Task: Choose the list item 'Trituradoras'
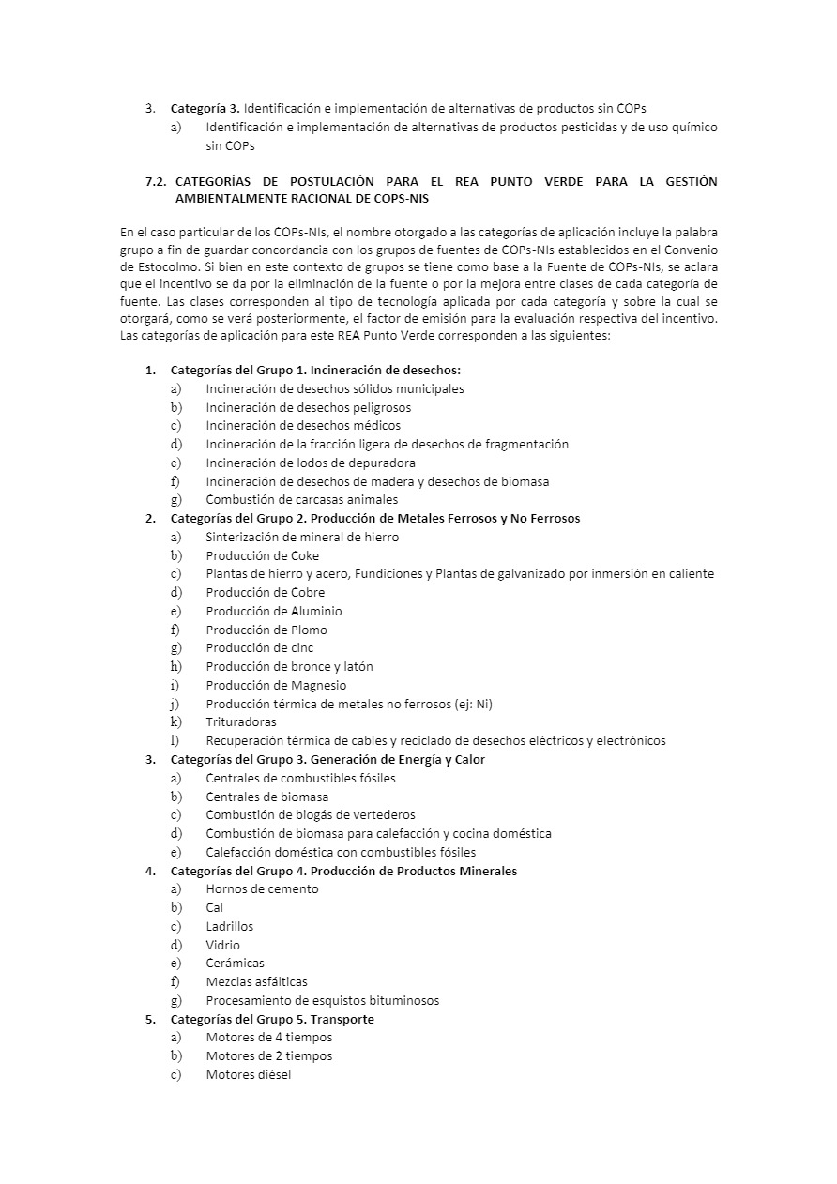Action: point(241,722)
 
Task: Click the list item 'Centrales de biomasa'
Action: point(266,797)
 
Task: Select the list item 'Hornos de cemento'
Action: point(262,889)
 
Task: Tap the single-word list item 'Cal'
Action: point(215,908)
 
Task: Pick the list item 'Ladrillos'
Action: point(229,927)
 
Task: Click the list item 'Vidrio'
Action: point(222,945)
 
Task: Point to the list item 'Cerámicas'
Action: point(235,964)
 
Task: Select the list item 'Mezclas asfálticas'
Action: point(256,982)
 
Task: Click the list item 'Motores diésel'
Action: point(248,1075)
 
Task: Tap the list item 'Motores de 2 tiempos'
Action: point(268,1056)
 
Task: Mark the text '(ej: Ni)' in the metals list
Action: point(470,704)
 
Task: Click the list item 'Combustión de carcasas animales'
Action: point(301,500)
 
